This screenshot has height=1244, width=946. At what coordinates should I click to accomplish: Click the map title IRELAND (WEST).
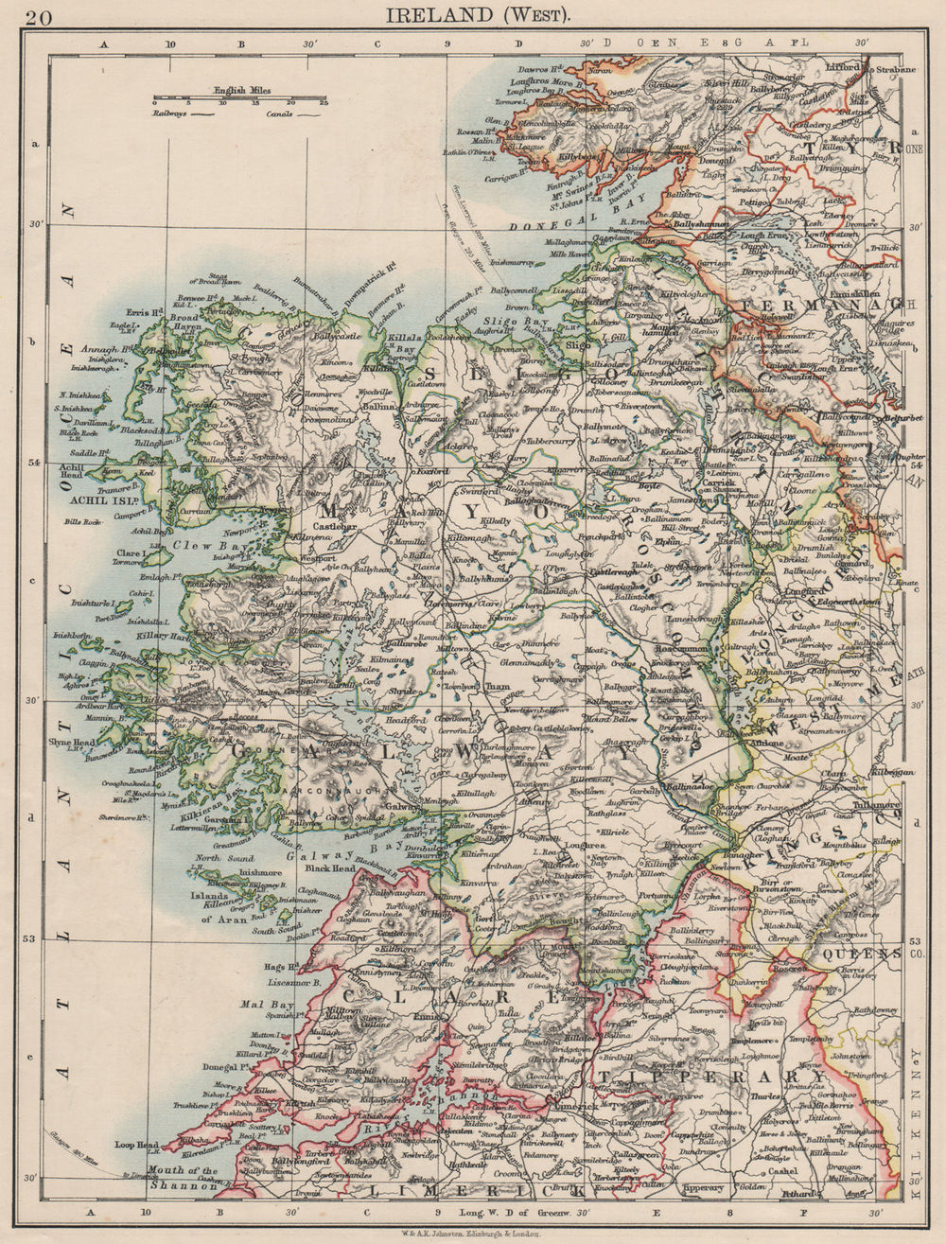click(x=476, y=15)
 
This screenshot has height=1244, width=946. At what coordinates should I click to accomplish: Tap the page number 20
click(x=41, y=16)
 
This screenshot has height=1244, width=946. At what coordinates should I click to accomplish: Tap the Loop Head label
click(x=135, y=1143)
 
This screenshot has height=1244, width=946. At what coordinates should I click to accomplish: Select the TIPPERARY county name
click(x=709, y=1077)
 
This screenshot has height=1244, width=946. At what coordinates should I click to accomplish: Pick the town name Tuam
click(x=498, y=687)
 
